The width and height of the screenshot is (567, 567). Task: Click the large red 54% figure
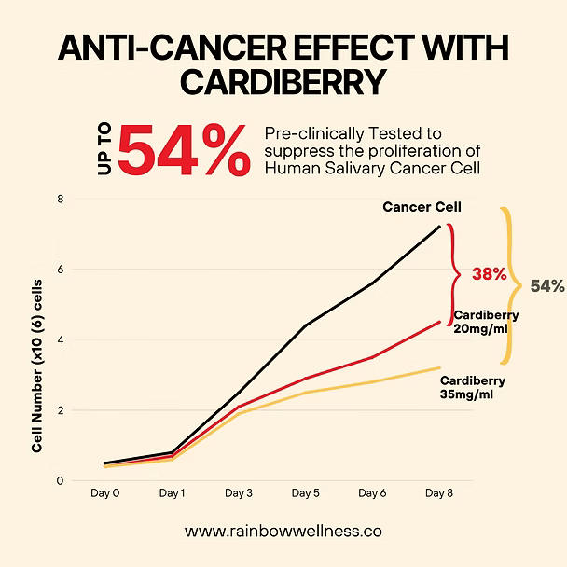click(x=185, y=151)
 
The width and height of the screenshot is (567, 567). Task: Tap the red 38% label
click(x=489, y=274)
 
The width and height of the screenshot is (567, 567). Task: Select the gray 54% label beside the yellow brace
click(x=547, y=286)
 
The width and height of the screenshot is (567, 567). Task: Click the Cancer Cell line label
click(x=422, y=206)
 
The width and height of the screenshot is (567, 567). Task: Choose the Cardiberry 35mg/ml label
click(x=472, y=388)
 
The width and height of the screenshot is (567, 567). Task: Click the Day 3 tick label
click(x=238, y=491)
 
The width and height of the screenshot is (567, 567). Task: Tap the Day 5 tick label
click(x=305, y=491)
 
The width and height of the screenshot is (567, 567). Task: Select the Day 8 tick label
click(x=439, y=491)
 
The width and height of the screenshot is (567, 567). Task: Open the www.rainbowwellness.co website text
click(x=283, y=531)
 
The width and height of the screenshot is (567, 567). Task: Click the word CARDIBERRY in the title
click(x=283, y=84)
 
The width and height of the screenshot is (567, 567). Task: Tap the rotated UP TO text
click(x=102, y=152)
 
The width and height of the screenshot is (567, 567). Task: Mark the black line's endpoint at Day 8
click(x=440, y=226)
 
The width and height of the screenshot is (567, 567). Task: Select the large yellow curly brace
click(x=508, y=284)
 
